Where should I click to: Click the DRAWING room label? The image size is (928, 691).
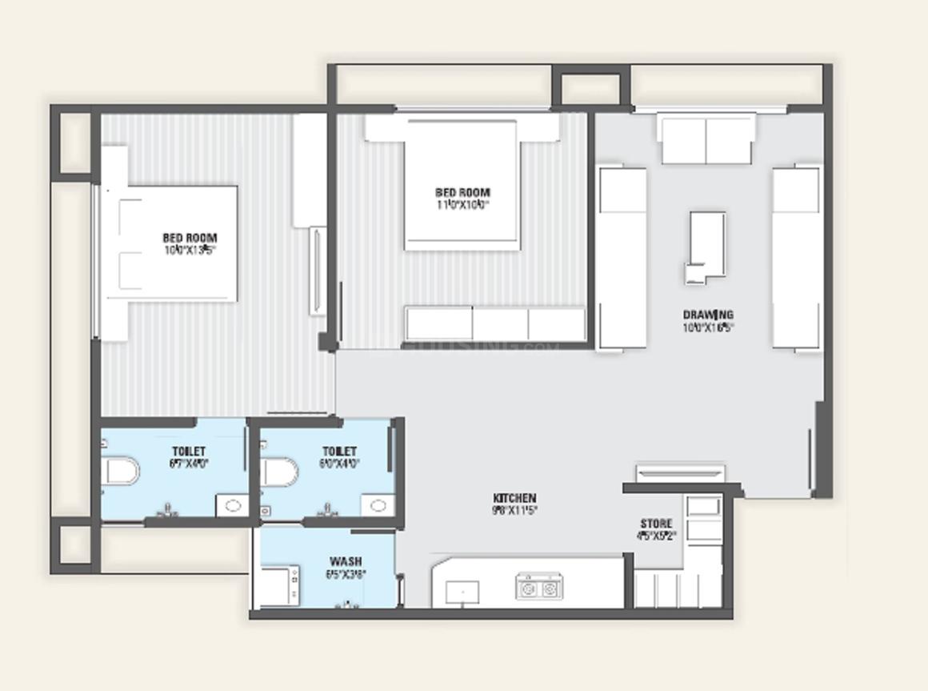click(707, 315)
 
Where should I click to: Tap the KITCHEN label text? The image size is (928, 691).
click(514, 498)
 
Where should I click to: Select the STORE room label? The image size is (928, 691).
click(656, 524)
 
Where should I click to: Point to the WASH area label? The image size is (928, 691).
click(345, 561)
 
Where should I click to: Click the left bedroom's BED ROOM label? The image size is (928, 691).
click(190, 238)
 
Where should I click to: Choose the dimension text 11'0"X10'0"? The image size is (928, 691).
click(462, 204)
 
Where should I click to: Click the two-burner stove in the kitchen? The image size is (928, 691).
click(538, 589)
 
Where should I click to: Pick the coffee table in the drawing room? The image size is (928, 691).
click(706, 247)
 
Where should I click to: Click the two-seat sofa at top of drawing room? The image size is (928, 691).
click(706, 139)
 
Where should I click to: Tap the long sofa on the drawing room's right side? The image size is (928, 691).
click(796, 258)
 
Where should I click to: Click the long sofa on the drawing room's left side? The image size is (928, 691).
click(622, 258)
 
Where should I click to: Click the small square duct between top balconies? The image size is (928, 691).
click(591, 89)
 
